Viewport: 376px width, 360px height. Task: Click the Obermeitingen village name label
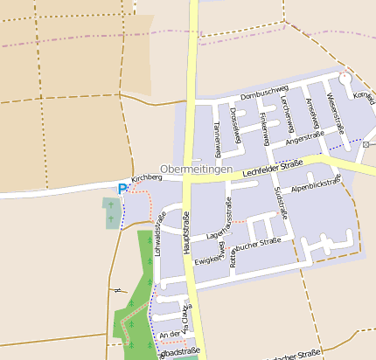tap(196, 169)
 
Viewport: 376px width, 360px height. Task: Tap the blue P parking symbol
tap(122, 188)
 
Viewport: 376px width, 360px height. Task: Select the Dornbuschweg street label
tap(264, 89)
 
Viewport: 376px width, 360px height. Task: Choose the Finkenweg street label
tap(264, 125)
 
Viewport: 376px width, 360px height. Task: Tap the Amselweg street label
tap(312, 112)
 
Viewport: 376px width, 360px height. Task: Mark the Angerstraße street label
tap(305, 135)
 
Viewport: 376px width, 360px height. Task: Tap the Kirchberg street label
tap(147, 177)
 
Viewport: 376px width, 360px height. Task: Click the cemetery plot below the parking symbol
tap(111, 212)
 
